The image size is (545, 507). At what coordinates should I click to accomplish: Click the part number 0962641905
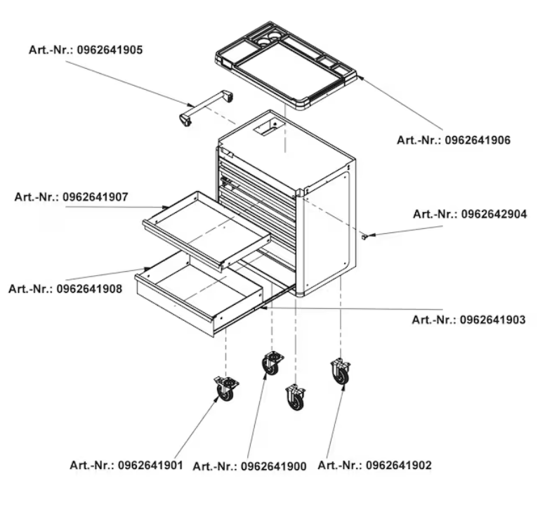point(110,50)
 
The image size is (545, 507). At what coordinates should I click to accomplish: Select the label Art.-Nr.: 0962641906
point(454,140)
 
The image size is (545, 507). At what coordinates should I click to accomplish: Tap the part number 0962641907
point(96,197)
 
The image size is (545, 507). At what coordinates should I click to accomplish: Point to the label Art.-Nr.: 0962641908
point(65,289)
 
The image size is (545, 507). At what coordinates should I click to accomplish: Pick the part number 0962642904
point(494,214)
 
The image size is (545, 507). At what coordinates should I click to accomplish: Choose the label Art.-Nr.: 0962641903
point(468,320)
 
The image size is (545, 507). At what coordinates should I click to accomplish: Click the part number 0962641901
point(150,465)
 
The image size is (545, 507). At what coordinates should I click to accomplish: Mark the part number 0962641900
point(273,466)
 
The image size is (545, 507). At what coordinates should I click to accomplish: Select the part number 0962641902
point(399,465)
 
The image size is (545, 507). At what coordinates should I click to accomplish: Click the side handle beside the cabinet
point(206,107)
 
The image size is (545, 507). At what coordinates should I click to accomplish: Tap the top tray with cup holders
point(286,65)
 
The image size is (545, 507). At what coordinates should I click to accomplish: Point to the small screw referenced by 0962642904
point(365,237)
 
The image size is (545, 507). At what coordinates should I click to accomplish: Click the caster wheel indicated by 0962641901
point(226,389)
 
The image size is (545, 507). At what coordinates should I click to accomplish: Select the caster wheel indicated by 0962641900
point(272,363)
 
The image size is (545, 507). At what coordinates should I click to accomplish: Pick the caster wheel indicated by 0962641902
point(341,372)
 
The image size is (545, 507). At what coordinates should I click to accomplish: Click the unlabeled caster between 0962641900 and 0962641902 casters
point(296,397)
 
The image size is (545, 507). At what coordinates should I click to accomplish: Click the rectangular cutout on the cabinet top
point(269,126)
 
